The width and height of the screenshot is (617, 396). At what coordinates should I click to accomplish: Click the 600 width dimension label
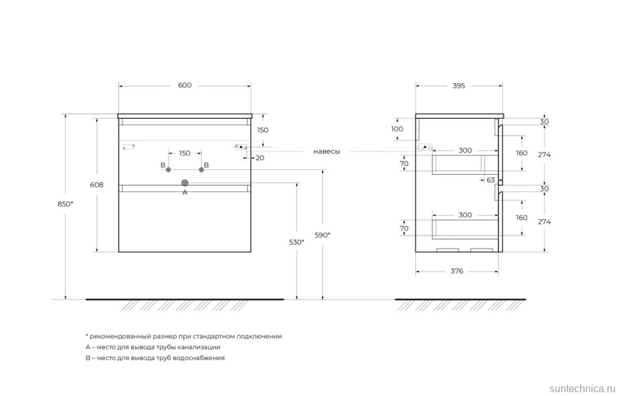[x=184, y=86]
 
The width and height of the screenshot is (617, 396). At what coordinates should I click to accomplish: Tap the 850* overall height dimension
[x=66, y=203]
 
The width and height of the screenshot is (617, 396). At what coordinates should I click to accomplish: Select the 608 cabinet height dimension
[x=97, y=185]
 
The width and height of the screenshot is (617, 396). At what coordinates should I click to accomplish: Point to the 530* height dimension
[x=296, y=242]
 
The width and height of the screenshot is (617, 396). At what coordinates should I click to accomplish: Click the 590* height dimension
[x=323, y=235]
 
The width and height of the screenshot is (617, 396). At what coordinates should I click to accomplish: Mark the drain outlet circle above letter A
[x=185, y=182]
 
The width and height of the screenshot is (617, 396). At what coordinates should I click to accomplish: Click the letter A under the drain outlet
[x=185, y=192]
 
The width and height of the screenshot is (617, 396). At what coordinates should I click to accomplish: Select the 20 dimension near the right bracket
[x=260, y=158]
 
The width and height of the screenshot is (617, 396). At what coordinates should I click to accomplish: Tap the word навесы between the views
[x=326, y=151]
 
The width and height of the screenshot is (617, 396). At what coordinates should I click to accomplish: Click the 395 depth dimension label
[x=458, y=86]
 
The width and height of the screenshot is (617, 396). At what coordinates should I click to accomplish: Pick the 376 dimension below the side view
[x=456, y=271]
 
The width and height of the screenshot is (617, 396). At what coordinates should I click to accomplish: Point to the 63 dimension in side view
[x=490, y=180]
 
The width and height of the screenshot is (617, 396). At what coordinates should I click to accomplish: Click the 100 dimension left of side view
[x=397, y=129]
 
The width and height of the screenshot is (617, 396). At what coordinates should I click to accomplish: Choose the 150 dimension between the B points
[x=184, y=153]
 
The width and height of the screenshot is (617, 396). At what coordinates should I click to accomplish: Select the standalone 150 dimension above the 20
[x=263, y=130]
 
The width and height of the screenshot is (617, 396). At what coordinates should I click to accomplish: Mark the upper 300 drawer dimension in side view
[x=465, y=151]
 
